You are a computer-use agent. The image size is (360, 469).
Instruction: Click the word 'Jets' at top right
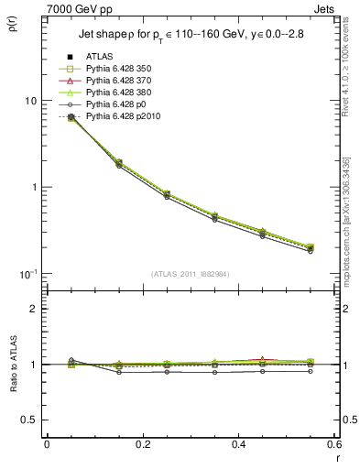coord(325,8)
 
